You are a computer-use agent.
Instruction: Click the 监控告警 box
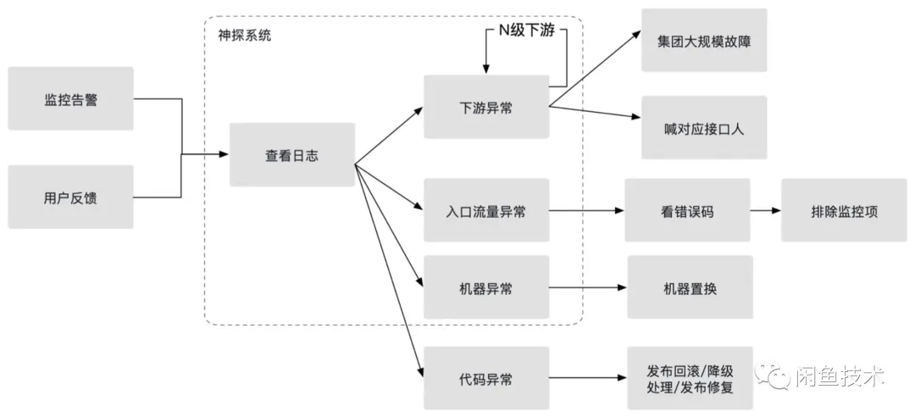click(70, 98)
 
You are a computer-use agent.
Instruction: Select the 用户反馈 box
click(70, 197)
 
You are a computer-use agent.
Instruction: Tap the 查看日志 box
click(291, 155)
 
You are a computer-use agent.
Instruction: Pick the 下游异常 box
click(485, 107)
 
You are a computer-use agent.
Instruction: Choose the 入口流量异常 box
click(485, 210)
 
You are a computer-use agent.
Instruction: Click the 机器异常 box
click(485, 287)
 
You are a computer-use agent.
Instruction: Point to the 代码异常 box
click(485, 378)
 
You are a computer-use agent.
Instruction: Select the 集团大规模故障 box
click(703, 40)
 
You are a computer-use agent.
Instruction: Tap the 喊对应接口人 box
click(703, 127)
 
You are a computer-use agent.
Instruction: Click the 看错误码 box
click(686, 210)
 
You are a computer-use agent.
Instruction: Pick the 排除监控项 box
click(843, 210)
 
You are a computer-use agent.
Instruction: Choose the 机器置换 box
click(690, 287)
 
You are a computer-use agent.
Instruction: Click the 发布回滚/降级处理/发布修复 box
click(690, 378)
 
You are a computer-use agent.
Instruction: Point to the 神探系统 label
click(245, 36)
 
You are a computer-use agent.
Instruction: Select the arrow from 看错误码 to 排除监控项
click(765, 210)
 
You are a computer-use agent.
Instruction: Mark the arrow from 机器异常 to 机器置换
click(588, 287)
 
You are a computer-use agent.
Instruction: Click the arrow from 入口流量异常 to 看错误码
click(586, 210)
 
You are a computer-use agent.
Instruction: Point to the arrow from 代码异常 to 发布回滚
click(588, 378)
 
